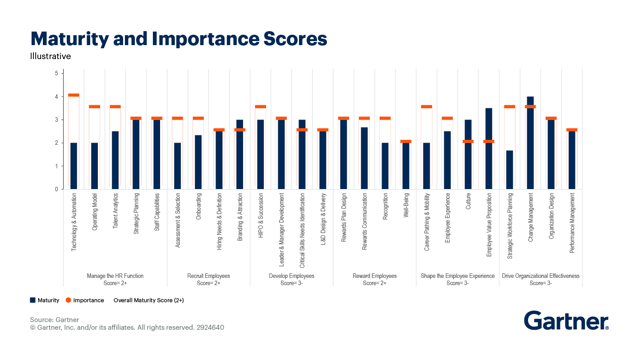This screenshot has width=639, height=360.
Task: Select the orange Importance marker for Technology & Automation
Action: pyautogui.click(x=74, y=95)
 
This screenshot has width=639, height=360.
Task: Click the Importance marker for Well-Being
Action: pyautogui.click(x=406, y=142)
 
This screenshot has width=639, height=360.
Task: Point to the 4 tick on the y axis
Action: pyautogui.click(x=56, y=97)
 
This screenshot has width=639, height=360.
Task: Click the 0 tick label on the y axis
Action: pyautogui.click(x=56, y=189)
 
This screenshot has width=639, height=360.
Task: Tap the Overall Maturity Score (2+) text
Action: pyautogui.click(x=148, y=300)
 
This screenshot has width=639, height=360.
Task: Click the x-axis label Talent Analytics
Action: pyautogui.click(x=115, y=217)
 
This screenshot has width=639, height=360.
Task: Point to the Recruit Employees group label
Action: pyautogui.click(x=208, y=276)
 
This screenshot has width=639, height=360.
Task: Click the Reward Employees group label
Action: pyautogui.click(x=374, y=276)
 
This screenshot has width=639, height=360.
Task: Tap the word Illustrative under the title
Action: pyautogui.click(x=51, y=56)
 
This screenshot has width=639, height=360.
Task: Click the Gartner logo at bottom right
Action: pyautogui.click(x=566, y=321)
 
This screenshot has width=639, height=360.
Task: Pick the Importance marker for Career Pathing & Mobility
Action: pyautogui.click(x=427, y=107)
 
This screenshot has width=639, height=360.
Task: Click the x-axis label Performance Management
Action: pyautogui.click(x=572, y=223)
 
